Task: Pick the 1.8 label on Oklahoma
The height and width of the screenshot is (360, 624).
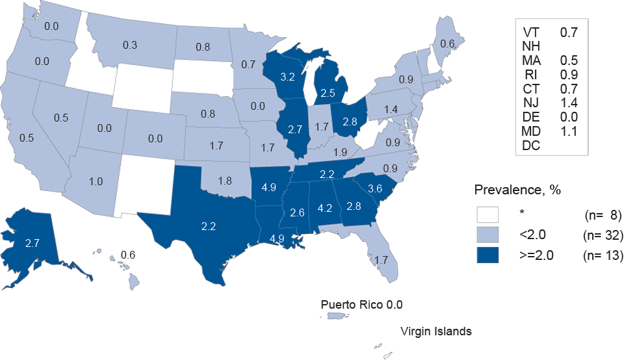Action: (x=224, y=180)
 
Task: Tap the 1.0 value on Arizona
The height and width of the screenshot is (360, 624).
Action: (x=96, y=182)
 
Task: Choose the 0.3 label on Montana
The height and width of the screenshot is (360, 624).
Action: (x=130, y=45)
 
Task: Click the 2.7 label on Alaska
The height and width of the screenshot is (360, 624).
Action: (x=33, y=243)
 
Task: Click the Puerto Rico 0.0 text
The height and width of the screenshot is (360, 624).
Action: (x=366, y=305)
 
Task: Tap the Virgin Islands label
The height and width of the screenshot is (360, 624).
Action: (x=435, y=331)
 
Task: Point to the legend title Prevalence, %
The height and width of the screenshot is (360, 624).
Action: (x=517, y=190)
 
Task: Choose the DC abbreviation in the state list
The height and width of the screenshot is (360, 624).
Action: (x=530, y=146)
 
